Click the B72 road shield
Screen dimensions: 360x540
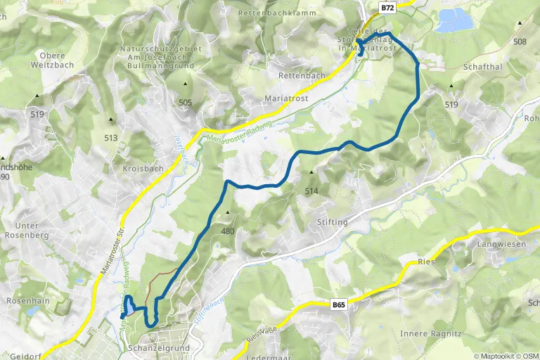click(387, 7)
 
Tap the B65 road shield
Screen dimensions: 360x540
click(339, 304)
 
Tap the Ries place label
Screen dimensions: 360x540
click(426, 261)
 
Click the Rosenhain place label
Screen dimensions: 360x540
click(26, 300)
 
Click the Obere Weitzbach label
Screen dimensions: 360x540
click(48, 59)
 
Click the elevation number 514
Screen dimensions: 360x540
click(311, 191)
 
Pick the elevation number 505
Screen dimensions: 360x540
click(186, 102)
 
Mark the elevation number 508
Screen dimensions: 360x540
click(520, 41)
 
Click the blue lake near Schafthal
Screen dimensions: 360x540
click(455, 22)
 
